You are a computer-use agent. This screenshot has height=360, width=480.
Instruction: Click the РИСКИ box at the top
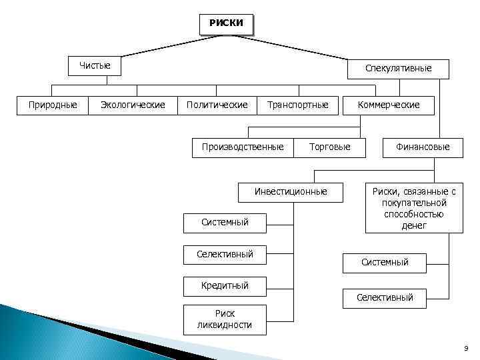point(226,23)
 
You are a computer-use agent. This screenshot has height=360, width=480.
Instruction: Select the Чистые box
point(95,66)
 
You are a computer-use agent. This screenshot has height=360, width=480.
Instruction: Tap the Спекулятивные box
point(398,69)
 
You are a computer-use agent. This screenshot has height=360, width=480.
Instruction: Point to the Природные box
point(53,105)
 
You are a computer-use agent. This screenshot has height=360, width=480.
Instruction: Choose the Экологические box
point(133,105)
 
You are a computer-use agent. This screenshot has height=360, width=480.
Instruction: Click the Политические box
point(217,105)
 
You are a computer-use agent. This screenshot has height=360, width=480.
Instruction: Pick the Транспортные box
point(297,105)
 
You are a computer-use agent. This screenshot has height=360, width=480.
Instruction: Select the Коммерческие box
point(389,105)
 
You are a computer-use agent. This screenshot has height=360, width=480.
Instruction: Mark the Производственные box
point(243,147)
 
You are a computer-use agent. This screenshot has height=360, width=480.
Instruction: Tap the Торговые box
point(329,147)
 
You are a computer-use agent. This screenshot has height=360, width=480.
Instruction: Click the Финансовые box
point(423,147)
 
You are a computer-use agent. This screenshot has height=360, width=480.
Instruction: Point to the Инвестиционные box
point(291,191)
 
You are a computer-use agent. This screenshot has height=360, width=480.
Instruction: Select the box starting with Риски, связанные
point(413,208)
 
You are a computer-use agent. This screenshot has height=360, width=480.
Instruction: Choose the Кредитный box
point(225,285)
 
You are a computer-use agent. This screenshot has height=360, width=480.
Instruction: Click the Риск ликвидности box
point(225,319)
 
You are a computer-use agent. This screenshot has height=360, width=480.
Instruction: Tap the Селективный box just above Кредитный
point(225,254)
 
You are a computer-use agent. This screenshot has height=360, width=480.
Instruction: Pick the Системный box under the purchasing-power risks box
point(385,263)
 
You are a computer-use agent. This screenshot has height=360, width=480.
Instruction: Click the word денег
point(414,225)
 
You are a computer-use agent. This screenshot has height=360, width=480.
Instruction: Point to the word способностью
point(414,214)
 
